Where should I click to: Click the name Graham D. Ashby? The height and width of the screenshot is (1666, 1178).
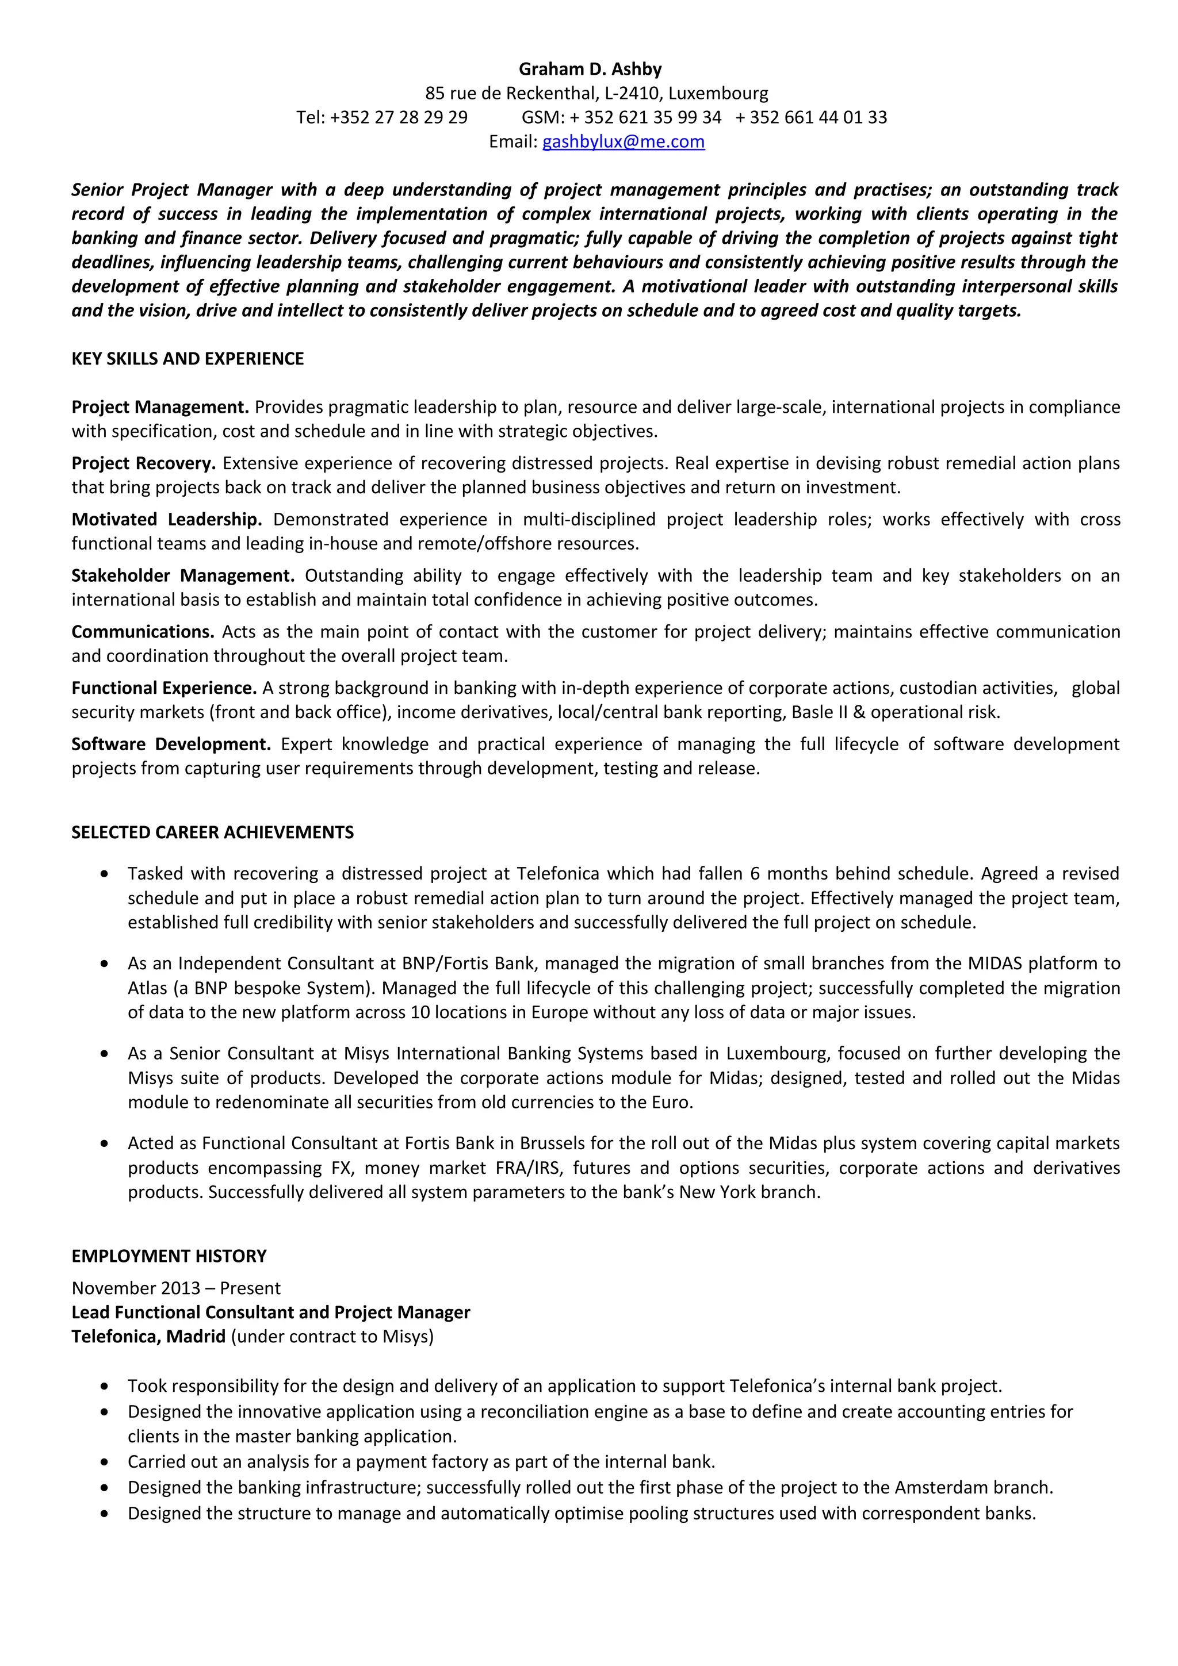(x=590, y=69)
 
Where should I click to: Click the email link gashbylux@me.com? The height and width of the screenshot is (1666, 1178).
(x=623, y=141)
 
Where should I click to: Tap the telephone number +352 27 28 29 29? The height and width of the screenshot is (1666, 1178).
(x=399, y=117)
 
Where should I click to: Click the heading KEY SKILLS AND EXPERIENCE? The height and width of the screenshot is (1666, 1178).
(x=188, y=359)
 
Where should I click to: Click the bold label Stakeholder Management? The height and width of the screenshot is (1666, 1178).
(x=183, y=575)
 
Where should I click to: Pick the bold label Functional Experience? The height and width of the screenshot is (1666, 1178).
(x=164, y=688)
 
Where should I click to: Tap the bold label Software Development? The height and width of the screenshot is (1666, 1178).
(x=171, y=744)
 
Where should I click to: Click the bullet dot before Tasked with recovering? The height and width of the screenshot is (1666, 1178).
(x=106, y=874)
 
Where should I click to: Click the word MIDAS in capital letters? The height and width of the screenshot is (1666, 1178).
(x=995, y=963)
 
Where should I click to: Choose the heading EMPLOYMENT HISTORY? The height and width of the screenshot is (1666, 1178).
(x=169, y=1256)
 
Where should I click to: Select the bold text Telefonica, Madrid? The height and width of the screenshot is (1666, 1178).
(x=149, y=1337)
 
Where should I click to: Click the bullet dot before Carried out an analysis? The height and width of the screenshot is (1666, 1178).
(x=106, y=1463)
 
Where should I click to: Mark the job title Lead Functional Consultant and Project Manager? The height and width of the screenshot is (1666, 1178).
(x=271, y=1312)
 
